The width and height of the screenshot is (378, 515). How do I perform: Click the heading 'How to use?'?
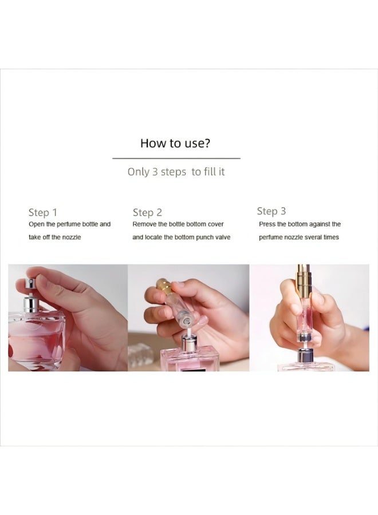pos(175,143)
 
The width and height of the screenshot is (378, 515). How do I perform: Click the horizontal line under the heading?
pos(176,158)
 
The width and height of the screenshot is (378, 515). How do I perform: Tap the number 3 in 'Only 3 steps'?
pos(155,172)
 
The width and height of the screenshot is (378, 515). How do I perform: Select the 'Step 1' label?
pos(42,213)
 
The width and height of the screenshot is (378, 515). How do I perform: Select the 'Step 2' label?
pos(147,213)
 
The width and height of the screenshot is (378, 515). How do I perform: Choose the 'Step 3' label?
pos(271,211)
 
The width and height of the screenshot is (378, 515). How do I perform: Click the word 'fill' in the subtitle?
pos(211,172)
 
